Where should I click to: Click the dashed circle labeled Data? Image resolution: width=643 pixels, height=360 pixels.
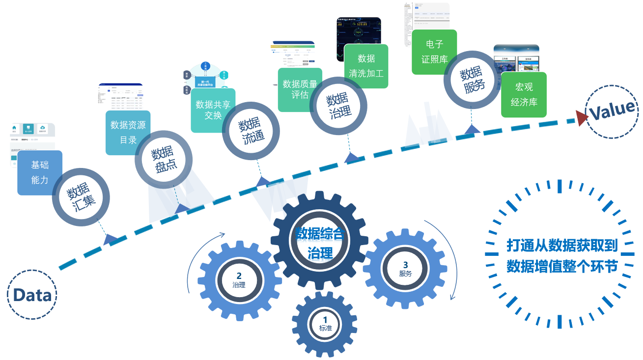[x=32, y=295]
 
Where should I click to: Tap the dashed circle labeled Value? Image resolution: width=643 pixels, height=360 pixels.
[x=612, y=111]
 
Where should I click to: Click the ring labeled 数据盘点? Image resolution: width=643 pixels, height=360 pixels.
[x=164, y=159]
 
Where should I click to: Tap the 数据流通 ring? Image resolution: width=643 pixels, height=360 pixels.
[x=252, y=131]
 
